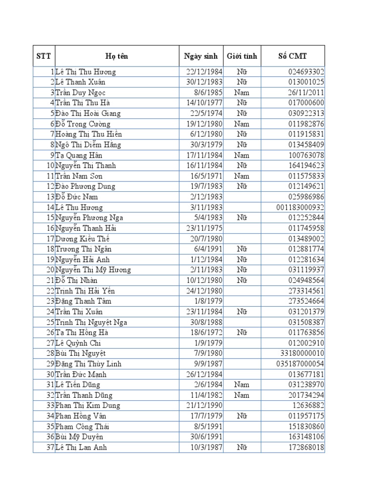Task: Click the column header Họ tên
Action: point(116,56)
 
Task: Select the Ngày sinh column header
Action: point(201,56)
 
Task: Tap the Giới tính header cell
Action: point(242,56)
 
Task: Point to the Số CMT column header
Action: point(292,56)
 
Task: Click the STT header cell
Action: point(43,56)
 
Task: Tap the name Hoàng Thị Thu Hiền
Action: point(89,134)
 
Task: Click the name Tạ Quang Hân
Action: point(79,155)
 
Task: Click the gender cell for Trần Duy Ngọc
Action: point(242,92)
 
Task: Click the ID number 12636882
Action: point(307,406)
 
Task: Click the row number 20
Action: point(49,270)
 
